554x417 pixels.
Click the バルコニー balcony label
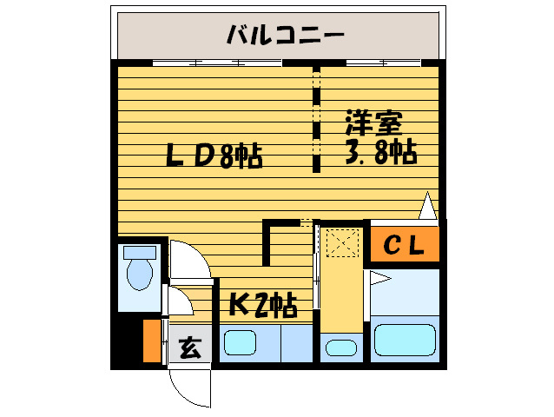pos(286,36)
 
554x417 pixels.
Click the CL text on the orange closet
pos(404,246)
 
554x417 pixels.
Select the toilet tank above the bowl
pos(139,252)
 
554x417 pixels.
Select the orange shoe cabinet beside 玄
pos(152,341)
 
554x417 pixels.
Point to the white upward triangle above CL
pos(426,206)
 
